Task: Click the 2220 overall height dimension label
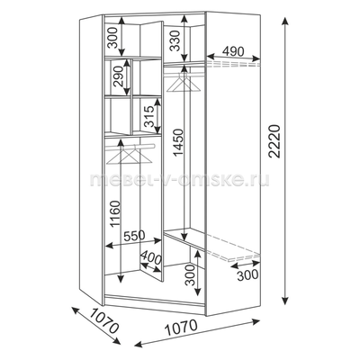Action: click(x=274, y=141)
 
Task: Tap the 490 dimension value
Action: click(x=233, y=51)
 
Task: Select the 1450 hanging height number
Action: click(x=177, y=142)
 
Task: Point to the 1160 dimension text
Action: click(x=115, y=214)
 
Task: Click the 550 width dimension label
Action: click(x=134, y=236)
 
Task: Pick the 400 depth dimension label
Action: click(x=151, y=257)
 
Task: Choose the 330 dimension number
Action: click(x=176, y=40)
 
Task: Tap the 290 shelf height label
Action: click(x=118, y=76)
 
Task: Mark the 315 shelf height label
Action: click(x=148, y=117)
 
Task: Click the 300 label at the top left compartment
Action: click(x=112, y=38)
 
